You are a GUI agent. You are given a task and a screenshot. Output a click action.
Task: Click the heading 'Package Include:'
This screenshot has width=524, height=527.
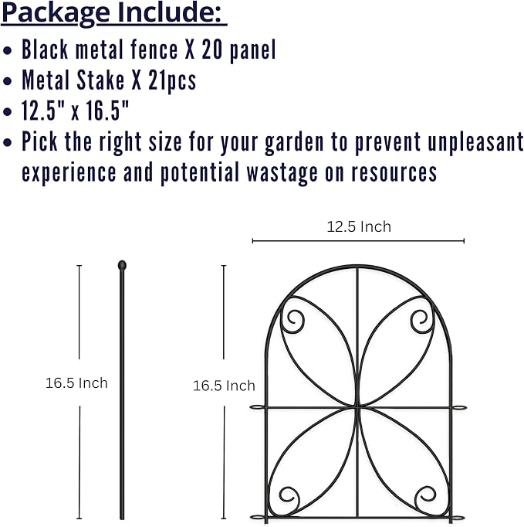[x=113, y=13]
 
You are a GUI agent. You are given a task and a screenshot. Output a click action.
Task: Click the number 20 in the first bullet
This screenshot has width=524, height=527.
[x=212, y=49]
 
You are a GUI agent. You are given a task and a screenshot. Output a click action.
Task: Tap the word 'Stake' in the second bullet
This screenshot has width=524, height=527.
[x=100, y=80]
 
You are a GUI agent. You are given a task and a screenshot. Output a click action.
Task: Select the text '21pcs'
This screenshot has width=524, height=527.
[x=172, y=81]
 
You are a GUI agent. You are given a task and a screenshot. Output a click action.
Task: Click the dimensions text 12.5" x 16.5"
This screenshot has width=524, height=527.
[x=75, y=110]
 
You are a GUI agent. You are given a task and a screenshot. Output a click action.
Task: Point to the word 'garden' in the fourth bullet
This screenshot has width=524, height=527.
[x=294, y=143]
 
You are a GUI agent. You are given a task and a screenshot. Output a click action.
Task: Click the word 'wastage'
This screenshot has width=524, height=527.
[x=282, y=173]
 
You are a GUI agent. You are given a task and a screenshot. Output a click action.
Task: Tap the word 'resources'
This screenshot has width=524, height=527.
[x=394, y=173]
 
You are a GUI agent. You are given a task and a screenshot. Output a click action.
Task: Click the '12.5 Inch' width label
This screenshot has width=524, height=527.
[x=359, y=227]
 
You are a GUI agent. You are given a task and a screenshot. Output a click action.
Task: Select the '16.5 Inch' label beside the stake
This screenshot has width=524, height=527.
[x=76, y=383]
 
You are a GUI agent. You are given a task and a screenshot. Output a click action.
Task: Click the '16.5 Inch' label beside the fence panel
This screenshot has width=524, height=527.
[x=224, y=386]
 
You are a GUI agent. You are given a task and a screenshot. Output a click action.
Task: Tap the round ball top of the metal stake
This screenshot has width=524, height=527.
[x=122, y=266]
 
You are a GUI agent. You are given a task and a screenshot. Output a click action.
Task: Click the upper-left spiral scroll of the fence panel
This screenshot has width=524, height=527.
[x=293, y=321]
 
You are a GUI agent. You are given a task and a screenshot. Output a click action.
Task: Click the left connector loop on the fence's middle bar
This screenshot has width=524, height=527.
[x=258, y=407]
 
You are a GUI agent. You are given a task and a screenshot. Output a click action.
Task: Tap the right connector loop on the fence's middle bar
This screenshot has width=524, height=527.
[x=458, y=408]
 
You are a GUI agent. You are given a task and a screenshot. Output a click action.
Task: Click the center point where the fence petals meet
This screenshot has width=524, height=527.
[x=357, y=407]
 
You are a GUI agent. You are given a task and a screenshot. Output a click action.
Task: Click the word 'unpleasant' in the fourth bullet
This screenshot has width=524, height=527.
[x=475, y=142]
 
